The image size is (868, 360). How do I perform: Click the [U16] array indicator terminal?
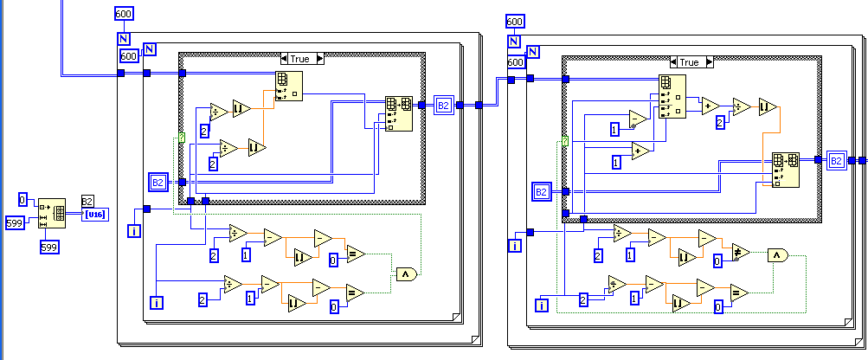(95, 215)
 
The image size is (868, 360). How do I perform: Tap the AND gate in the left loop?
(406, 273)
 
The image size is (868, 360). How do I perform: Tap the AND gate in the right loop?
(778, 254)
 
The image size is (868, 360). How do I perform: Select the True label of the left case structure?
(299, 59)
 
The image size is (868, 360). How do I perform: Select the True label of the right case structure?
(689, 62)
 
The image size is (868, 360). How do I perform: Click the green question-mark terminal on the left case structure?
(182, 138)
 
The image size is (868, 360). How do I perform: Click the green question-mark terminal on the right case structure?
(565, 142)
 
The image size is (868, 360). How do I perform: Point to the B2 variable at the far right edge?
(836, 160)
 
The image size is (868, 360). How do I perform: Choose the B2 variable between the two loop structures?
(443, 106)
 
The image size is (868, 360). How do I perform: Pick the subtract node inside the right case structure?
(640, 118)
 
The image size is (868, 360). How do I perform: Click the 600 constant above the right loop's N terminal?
(514, 22)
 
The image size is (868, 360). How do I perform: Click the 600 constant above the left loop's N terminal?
(125, 13)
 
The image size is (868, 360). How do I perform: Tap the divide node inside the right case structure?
(741, 106)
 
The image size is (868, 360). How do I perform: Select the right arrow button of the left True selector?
(319, 59)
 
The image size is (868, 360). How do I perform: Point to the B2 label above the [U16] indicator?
(88, 201)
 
